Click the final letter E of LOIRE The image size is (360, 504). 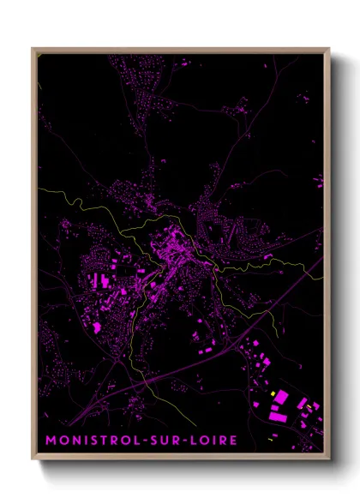point(234,440)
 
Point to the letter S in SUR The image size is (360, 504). point(156,440)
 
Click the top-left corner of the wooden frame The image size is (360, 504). point(33,48)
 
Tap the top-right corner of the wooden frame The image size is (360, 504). point(329,48)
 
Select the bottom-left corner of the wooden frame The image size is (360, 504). point(33,461)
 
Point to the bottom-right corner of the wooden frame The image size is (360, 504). point(329,461)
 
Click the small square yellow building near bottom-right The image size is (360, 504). point(273,393)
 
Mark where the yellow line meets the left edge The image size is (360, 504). point(39,186)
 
